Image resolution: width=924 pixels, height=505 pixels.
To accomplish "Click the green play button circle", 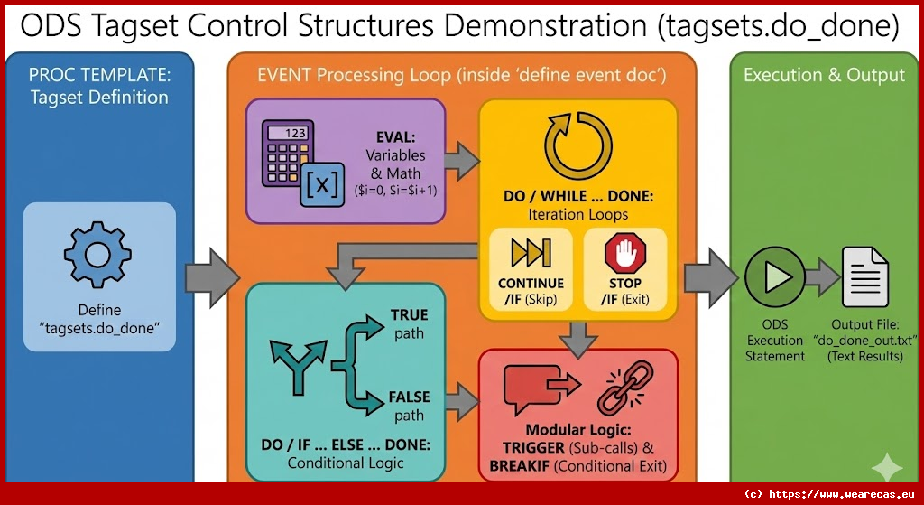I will (773, 275).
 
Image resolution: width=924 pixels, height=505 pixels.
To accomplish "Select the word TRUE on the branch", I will (409, 315).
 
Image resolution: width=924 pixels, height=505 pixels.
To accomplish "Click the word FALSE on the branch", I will (409, 397).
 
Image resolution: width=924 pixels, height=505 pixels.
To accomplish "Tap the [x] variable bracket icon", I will (323, 187).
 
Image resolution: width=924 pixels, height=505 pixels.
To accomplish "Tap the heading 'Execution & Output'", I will (823, 75).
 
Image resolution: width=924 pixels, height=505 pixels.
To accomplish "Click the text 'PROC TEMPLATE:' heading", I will (98, 74).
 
